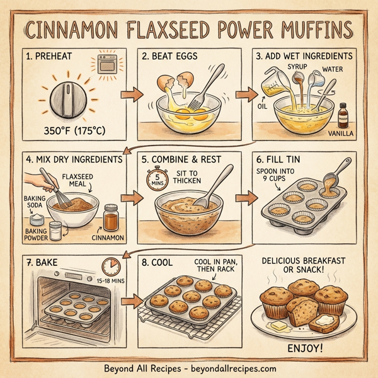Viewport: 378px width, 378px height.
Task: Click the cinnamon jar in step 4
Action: click(111, 219)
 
